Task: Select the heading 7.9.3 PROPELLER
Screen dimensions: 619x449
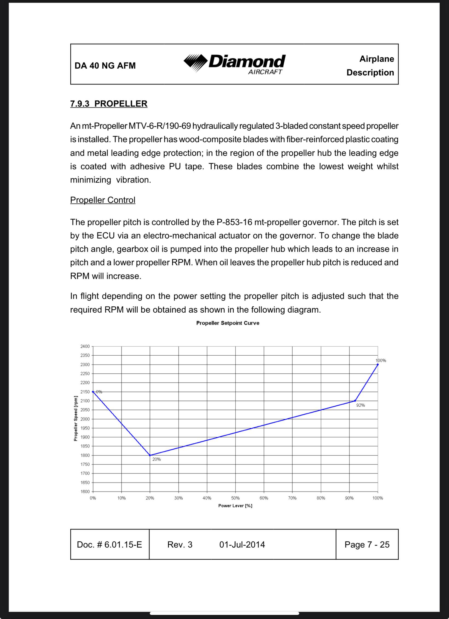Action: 109,104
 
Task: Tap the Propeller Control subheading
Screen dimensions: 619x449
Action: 103,200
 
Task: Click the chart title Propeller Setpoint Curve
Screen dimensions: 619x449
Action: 228,323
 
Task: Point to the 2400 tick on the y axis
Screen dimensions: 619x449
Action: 85,346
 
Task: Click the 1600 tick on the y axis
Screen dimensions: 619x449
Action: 85,492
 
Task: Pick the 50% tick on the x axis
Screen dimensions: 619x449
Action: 235,498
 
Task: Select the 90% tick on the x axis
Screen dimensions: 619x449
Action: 349,498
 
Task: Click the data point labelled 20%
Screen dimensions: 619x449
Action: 150,455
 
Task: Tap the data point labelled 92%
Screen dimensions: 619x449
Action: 355,401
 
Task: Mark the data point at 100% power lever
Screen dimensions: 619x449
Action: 378,364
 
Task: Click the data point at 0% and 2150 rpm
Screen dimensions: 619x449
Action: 93,392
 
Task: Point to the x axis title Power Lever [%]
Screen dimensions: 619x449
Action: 235,506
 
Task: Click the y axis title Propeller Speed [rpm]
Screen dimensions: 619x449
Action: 76,418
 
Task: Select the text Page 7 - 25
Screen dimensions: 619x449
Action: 367,544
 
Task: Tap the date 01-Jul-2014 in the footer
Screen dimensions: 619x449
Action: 242,544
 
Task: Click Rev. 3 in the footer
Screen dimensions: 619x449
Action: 180,544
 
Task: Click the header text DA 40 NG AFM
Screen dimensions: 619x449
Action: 105,66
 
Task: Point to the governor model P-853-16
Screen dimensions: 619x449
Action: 234,222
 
